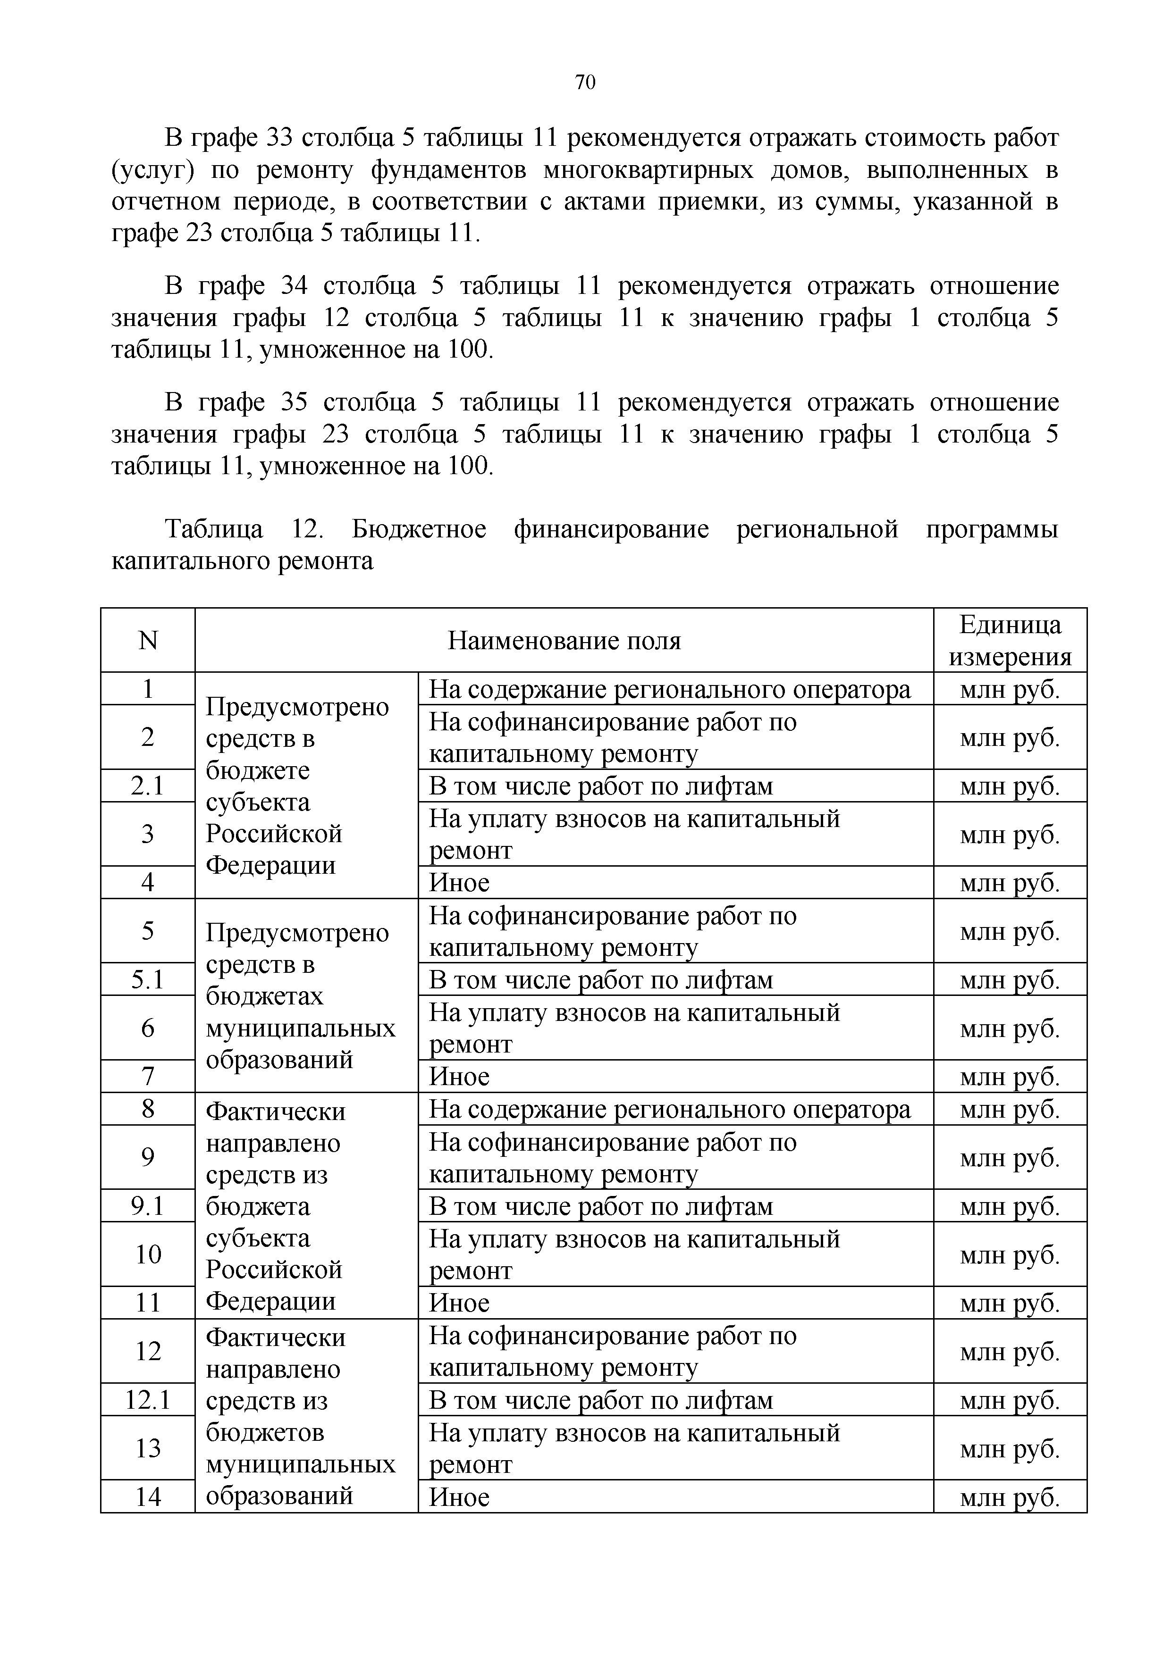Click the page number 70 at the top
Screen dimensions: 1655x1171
click(585, 82)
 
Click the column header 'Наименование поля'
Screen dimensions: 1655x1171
click(564, 640)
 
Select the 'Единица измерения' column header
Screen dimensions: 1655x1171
click(1010, 640)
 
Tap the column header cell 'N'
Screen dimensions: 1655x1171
click(148, 640)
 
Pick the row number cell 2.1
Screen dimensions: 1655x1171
click(148, 786)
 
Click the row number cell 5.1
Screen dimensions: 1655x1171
click(148, 979)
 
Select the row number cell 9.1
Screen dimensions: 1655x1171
click(148, 1206)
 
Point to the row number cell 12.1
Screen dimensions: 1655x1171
click(148, 1400)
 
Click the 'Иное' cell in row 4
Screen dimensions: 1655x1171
click(459, 882)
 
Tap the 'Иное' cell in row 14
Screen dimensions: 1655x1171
click(459, 1497)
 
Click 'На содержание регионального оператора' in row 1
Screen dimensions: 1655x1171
click(670, 689)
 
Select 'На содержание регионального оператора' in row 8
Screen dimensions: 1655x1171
click(670, 1109)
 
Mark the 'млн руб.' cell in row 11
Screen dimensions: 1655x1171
click(1010, 1303)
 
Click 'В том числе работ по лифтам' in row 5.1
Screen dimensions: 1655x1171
click(601, 979)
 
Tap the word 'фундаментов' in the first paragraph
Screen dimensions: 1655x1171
click(448, 170)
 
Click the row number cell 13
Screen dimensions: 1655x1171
click(148, 1448)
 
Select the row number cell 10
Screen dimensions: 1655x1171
click(148, 1254)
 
